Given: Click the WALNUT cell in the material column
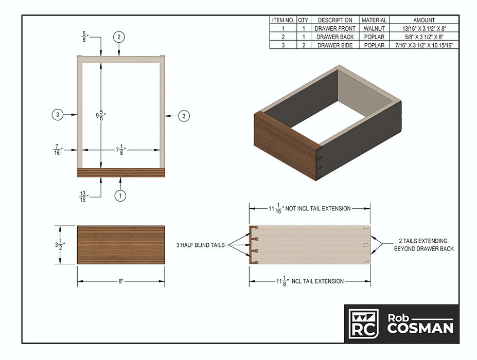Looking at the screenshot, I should point(374,28).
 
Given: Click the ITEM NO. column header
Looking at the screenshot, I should point(283,20).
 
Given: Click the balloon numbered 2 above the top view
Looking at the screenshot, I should point(119,37).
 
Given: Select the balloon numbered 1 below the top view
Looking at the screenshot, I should point(120,195).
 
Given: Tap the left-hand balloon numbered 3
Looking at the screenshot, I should point(58,115).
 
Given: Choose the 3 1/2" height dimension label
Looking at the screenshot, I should point(60,244).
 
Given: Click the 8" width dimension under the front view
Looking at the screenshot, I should point(121,281).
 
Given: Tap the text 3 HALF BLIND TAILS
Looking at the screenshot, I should point(200,245).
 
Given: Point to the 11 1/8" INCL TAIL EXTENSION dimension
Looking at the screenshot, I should point(310,281).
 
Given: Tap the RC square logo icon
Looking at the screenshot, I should point(363,323).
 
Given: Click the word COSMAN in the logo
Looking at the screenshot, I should point(420,329).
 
